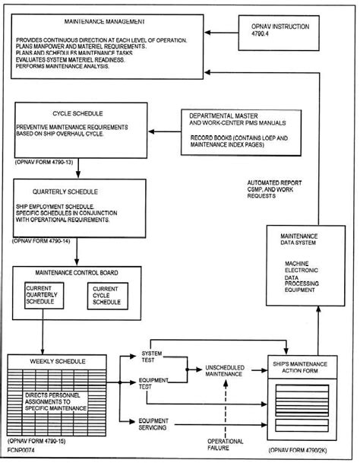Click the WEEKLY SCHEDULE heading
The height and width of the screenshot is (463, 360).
[x=60, y=361]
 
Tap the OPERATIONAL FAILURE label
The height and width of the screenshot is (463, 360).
[x=226, y=445]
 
